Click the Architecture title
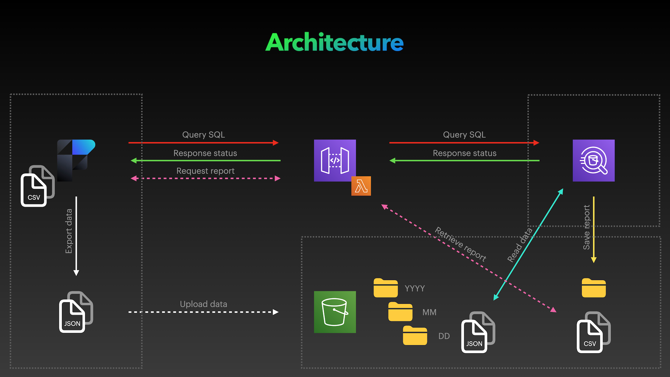coord(334,43)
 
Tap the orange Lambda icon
coord(361,186)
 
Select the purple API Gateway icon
coord(335,161)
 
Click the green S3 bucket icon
coord(335,312)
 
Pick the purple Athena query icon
coord(593,161)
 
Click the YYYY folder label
coord(415,289)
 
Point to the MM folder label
coord(429,312)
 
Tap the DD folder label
coord(444,336)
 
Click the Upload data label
coord(203,304)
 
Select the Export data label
coord(69,231)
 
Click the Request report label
coord(205,171)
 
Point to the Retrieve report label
coord(460,244)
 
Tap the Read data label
coord(520,245)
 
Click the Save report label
coord(587,227)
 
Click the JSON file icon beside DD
coord(477,333)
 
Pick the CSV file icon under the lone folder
coord(593,333)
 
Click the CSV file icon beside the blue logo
coord(37,186)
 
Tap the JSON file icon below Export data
coord(75,312)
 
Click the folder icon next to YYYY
coord(386,288)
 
